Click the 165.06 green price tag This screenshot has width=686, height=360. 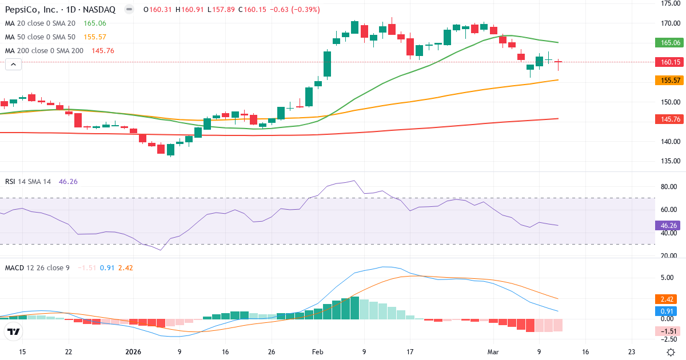669,43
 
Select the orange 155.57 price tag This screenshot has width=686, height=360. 669,81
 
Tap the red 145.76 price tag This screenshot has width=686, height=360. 669,119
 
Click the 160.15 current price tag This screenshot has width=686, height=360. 669,62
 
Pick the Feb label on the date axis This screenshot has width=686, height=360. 317,352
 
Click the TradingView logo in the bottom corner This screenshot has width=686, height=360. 14,331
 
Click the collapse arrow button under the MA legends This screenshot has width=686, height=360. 13,65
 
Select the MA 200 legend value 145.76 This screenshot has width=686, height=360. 103,51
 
